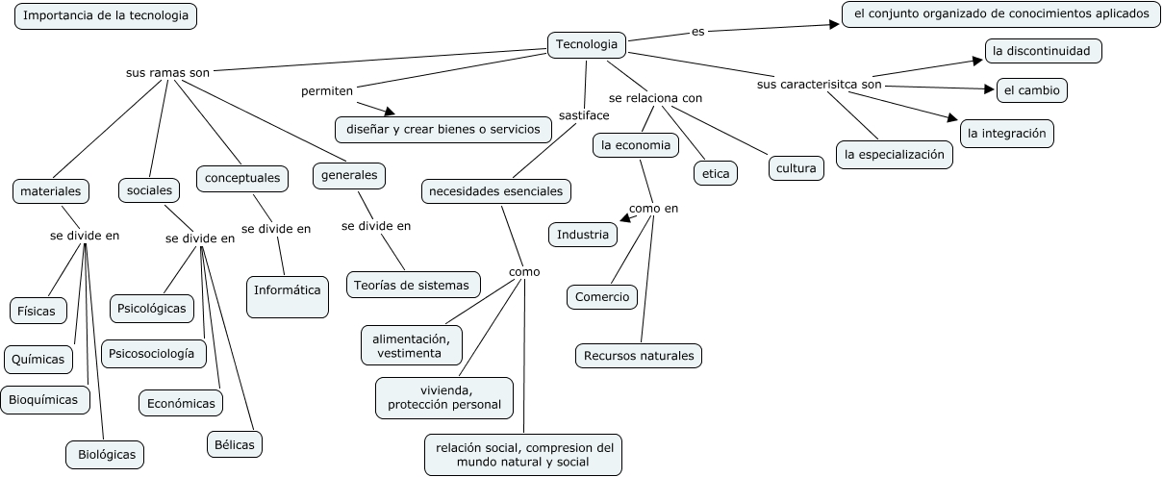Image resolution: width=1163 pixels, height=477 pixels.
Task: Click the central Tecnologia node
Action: point(587,44)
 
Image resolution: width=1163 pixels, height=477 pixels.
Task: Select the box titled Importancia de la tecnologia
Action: point(106,17)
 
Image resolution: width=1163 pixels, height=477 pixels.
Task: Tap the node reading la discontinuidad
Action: point(1042,51)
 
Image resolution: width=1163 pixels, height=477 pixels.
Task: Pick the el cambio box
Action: point(1031,90)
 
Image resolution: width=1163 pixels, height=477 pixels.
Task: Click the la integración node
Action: point(1006,134)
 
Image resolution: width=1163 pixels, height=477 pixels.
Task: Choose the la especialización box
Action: point(894,154)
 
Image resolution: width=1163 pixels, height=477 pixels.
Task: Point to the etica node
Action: point(715,173)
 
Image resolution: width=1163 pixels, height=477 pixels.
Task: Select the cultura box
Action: point(796,168)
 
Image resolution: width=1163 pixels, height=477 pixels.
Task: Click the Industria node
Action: point(582,234)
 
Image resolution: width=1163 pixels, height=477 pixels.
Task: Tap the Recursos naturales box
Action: point(639,356)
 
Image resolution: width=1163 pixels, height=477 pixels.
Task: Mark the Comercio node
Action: point(601,297)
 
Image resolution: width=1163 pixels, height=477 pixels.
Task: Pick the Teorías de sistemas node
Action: point(413,285)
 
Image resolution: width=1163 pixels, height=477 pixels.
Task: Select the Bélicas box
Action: point(234,444)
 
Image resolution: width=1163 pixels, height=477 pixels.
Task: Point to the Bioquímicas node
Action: point(44,399)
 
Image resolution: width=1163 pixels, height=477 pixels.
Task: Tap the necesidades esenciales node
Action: point(496,191)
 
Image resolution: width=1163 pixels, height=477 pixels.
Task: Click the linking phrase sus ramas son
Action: point(167,72)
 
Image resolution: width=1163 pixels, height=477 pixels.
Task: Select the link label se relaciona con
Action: point(655,98)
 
